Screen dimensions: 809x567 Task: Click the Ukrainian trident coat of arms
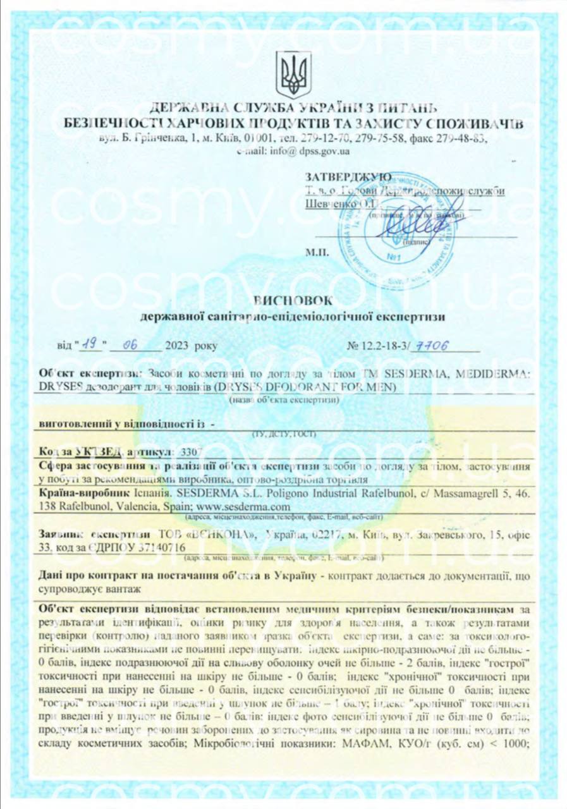point(293,75)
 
